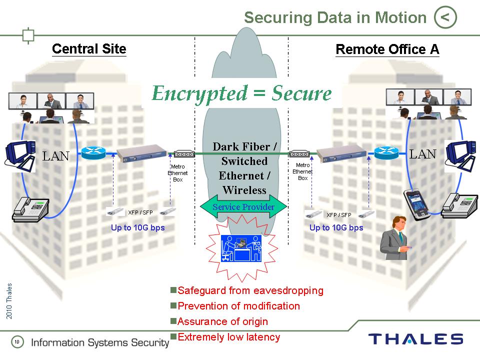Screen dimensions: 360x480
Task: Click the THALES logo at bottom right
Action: click(415, 339)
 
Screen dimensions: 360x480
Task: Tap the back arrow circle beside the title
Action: click(445, 18)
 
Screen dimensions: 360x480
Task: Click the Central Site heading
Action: click(89, 48)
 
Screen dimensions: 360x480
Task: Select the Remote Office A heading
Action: click(387, 49)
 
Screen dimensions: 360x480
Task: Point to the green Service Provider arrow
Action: click(243, 207)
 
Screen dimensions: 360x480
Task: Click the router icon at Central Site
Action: click(92, 153)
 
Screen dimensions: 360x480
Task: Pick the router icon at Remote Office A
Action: click(386, 153)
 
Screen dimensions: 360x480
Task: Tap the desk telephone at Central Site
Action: click(30, 208)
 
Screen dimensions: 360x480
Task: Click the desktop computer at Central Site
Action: click(20, 152)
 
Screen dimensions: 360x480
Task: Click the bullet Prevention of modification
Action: click(238, 306)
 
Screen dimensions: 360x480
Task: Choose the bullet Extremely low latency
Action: click(228, 337)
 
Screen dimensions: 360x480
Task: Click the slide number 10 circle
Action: click(17, 342)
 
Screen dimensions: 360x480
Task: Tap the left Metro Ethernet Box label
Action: click(178, 172)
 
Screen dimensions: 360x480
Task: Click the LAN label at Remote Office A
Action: click(423, 154)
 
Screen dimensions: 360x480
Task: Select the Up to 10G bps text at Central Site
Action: click(137, 227)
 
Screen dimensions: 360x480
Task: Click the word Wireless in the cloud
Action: click(244, 190)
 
